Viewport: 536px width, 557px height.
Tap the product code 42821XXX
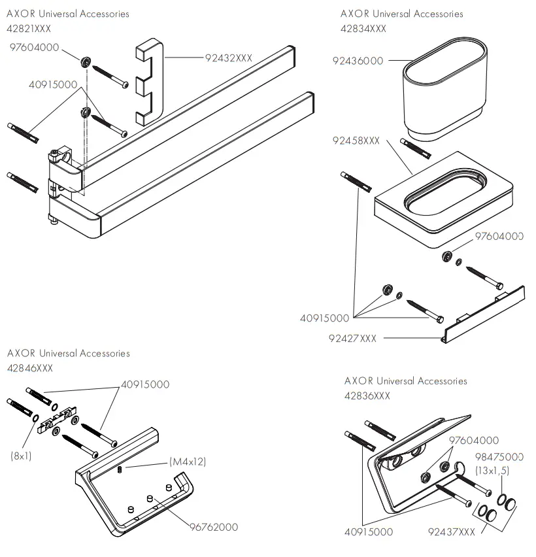[x=29, y=28]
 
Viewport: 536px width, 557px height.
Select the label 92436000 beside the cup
[x=358, y=61]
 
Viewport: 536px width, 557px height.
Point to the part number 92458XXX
[x=356, y=141]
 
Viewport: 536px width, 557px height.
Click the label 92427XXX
[x=352, y=338]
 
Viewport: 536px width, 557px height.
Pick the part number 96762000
[x=214, y=527]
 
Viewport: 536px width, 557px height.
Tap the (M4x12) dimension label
[x=188, y=462]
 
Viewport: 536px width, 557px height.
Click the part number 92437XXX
[x=452, y=532]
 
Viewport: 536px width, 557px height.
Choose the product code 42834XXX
[x=363, y=29]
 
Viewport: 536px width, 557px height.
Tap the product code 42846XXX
[x=30, y=368]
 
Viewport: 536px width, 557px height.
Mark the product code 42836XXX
[x=367, y=396]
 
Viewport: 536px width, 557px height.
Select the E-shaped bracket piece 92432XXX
[x=150, y=82]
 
